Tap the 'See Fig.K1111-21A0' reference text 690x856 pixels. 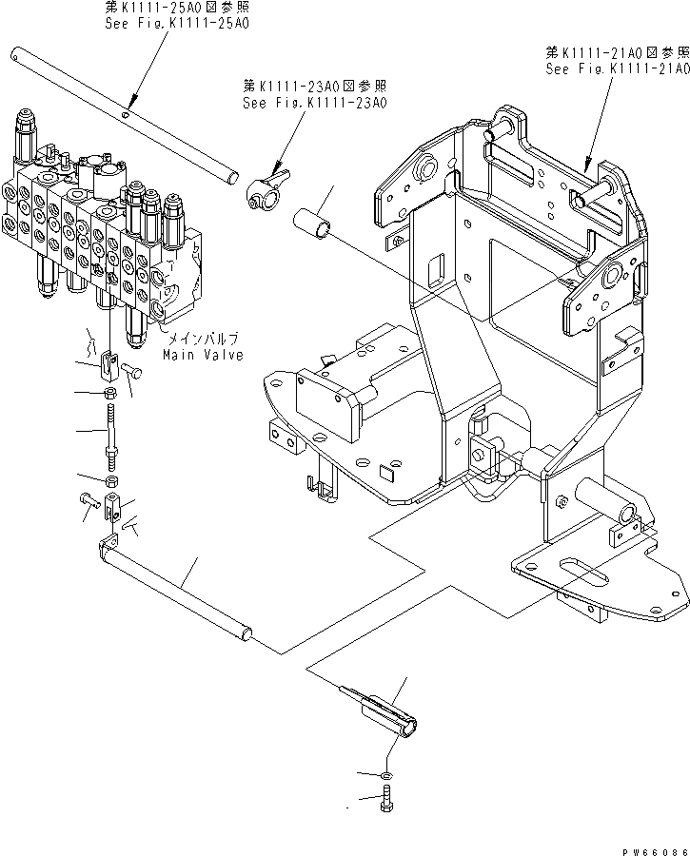(617, 69)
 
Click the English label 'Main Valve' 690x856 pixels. (202, 355)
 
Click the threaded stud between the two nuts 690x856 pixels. (111, 432)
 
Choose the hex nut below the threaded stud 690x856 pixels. (111, 483)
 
